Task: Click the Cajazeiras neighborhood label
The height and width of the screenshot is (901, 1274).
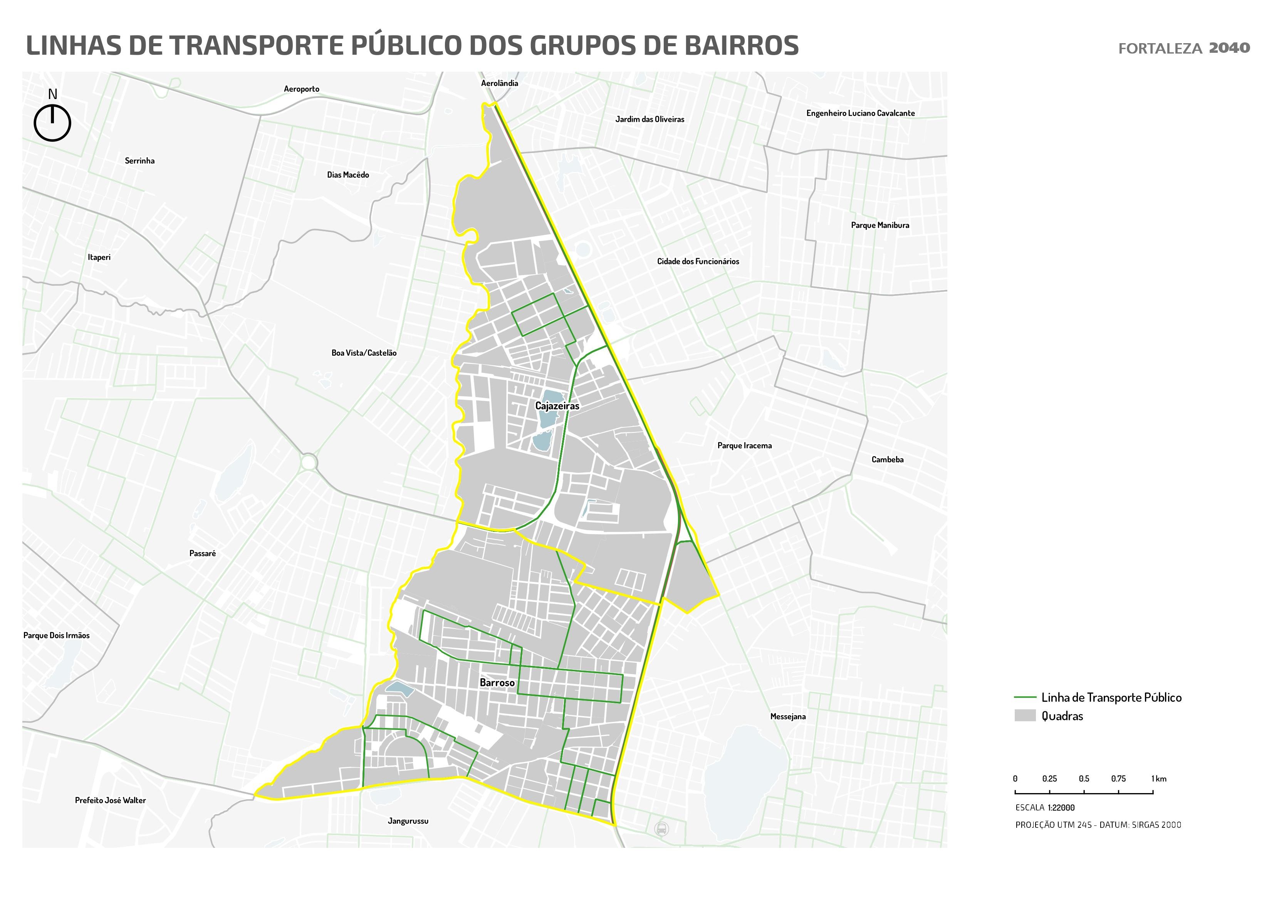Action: (x=557, y=406)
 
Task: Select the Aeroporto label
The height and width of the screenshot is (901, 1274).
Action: (x=301, y=89)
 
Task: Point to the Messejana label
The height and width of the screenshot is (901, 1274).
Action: (x=787, y=717)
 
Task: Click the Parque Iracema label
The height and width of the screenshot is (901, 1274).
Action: (x=744, y=446)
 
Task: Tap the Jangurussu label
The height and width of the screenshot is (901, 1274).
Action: (x=408, y=821)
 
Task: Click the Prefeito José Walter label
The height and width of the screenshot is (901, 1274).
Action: (x=111, y=800)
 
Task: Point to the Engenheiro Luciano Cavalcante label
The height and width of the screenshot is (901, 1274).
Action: (x=860, y=113)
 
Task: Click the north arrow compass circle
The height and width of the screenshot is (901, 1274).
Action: (x=53, y=123)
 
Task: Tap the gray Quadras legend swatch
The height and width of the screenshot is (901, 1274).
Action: (x=1024, y=716)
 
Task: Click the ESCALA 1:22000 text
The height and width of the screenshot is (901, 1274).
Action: (x=1044, y=808)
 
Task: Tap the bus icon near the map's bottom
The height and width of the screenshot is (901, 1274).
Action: (x=661, y=829)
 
